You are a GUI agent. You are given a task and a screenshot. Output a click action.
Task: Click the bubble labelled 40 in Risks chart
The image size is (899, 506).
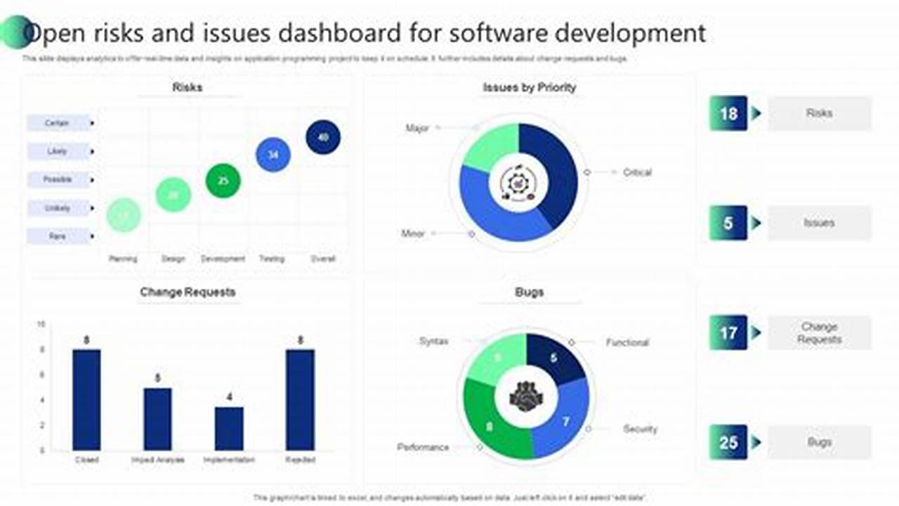[x=323, y=137]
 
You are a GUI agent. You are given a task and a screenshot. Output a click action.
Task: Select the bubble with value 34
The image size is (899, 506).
[x=273, y=155]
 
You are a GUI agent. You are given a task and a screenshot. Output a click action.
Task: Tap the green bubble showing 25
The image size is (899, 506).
[x=223, y=181]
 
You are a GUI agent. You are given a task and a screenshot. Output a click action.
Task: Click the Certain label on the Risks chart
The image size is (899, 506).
[x=58, y=123]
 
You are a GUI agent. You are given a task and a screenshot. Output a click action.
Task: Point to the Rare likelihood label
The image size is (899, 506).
[x=58, y=236]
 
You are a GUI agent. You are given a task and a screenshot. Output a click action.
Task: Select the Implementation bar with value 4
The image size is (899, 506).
[x=229, y=428]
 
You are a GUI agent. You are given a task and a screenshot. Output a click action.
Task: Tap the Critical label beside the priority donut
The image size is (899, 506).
[x=637, y=172]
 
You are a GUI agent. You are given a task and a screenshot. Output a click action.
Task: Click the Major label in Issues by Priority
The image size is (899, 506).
[x=417, y=128]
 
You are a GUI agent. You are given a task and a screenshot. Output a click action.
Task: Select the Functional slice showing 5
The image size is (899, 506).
[x=555, y=357]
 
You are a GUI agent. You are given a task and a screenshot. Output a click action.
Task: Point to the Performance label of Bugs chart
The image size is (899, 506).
[x=423, y=447]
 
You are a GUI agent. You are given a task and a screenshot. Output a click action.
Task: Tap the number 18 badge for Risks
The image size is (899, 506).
[x=728, y=113]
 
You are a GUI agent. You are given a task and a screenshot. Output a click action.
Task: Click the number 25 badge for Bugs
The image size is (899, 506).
[x=728, y=442]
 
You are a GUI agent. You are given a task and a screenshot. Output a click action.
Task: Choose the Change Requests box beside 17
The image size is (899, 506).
[x=819, y=333]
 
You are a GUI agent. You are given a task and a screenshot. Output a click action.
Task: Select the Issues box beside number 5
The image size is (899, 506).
[x=819, y=223]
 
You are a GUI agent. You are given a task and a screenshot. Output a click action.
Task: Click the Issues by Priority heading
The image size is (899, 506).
[x=529, y=88]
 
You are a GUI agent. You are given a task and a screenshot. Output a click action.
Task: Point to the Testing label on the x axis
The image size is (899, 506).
[x=272, y=259]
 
